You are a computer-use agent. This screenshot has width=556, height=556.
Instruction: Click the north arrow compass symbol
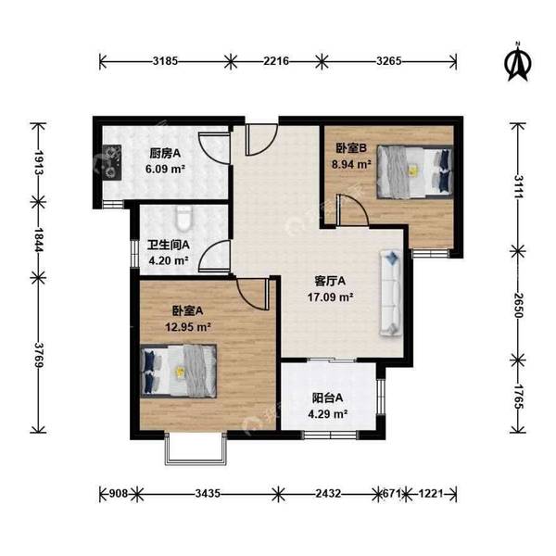pyautogui.click(x=518, y=62)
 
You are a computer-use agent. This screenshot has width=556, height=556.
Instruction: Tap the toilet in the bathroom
pyautogui.click(x=183, y=218)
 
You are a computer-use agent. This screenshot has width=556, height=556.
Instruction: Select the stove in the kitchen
pyautogui.click(x=112, y=162)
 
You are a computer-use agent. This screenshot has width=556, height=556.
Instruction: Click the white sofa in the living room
pyautogui.click(x=391, y=293)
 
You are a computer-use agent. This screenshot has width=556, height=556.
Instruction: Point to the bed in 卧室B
pyautogui.click(x=415, y=171)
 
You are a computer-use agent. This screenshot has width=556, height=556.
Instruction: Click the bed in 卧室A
pyautogui.click(x=178, y=371)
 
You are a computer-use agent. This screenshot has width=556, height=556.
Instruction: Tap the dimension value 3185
pyautogui.click(x=165, y=61)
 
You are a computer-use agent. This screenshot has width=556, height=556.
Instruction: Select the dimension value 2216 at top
pyautogui.click(x=276, y=61)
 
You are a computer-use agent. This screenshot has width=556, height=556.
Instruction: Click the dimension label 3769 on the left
pyautogui.click(x=38, y=355)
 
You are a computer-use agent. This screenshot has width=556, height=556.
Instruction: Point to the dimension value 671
pyautogui.click(x=391, y=493)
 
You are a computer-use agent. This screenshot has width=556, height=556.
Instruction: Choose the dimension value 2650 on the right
pyautogui.click(x=517, y=305)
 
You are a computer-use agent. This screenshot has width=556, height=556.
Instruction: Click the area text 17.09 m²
pyautogui.click(x=330, y=297)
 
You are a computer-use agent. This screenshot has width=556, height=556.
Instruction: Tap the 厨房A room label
pyautogui.click(x=165, y=154)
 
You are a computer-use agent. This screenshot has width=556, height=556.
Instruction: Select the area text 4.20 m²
pyautogui.click(x=168, y=261)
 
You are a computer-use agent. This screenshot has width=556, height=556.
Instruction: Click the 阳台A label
pyautogui.click(x=328, y=398)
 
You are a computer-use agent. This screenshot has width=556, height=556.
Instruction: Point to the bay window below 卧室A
pyautogui.click(x=196, y=449)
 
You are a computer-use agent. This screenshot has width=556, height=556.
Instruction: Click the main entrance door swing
pyautogui.click(x=261, y=140)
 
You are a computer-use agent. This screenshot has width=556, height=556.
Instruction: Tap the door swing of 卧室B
pyautogui.click(x=352, y=210)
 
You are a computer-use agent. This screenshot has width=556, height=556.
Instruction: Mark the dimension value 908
pyautogui.click(x=118, y=493)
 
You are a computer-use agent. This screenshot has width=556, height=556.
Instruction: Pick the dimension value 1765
pyautogui.click(x=517, y=397)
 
